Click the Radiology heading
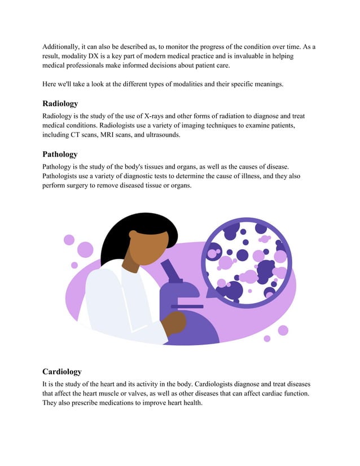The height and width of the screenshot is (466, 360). pos(60,104)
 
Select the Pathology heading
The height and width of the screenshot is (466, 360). pos(60,154)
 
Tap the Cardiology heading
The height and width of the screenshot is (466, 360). pos(62,372)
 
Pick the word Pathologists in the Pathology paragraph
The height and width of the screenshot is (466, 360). pos(64,176)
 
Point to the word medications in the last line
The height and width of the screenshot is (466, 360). pos(124,403)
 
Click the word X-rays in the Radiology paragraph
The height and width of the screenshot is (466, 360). pos(155,115)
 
